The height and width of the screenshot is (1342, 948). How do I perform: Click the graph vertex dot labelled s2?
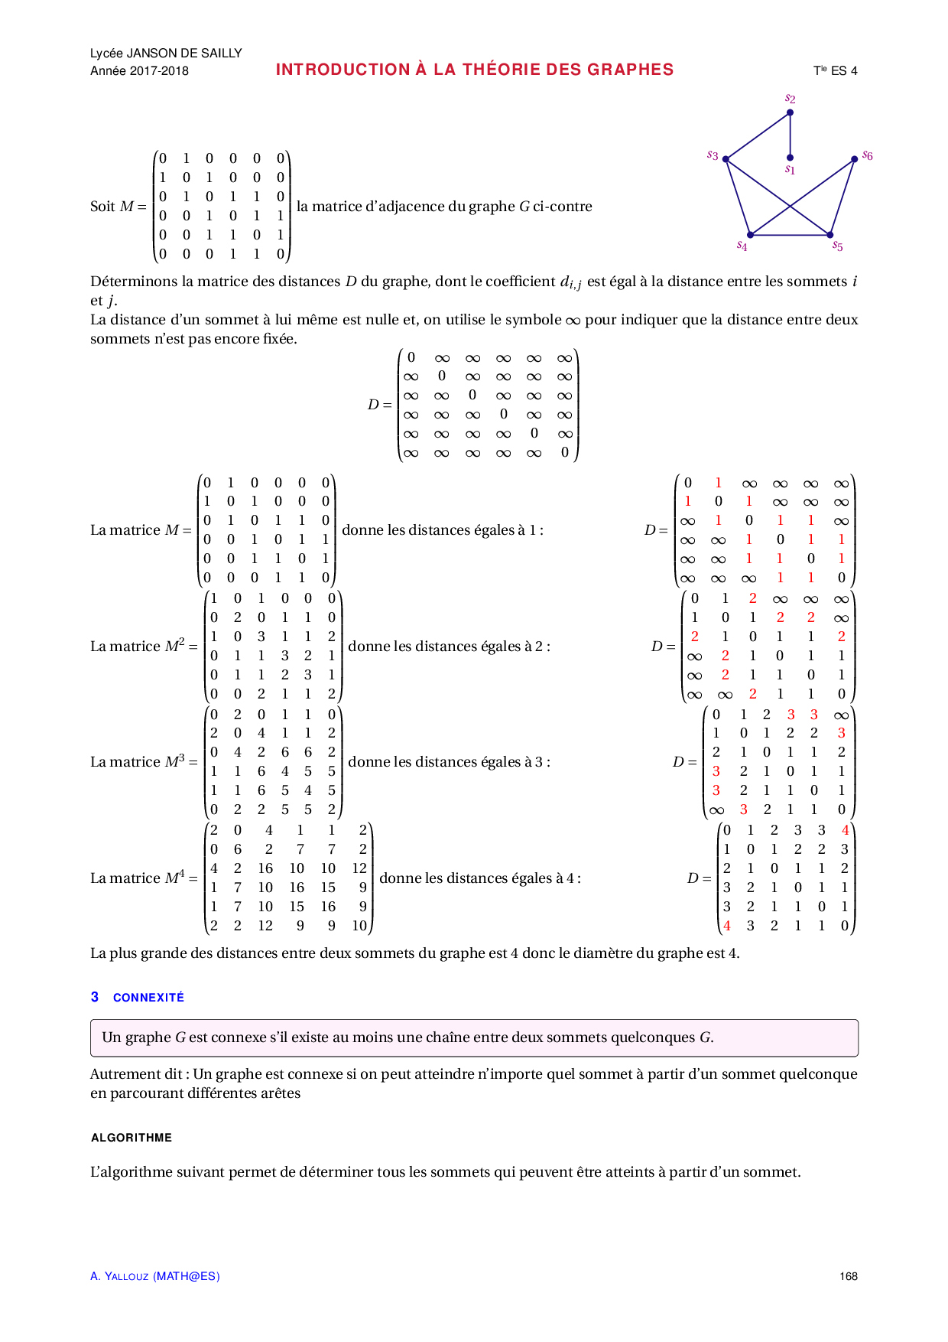pyautogui.click(x=790, y=112)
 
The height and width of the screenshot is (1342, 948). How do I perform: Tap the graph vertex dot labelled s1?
pyautogui.click(x=790, y=158)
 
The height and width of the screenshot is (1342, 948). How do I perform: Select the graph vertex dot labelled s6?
pyautogui.click(x=854, y=159)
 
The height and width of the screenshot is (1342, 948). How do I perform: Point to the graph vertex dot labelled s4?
pyautogui.click(x=751, y=235)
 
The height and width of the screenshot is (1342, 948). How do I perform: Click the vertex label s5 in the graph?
pyautogui.click(x=838, y=246)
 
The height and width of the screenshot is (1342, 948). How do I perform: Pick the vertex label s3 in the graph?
pyautogui.click(x=713, y=155)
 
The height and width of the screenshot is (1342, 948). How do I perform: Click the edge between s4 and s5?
pyautogui.click(x=790, y=235)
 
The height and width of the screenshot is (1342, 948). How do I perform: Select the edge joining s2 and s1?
pyautogui.click(x=790, y=135)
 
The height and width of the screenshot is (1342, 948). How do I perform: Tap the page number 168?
pyautogui.click(x=848, y=1276)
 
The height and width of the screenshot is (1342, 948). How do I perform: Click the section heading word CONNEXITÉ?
pyautogui.click(x=148, y=998)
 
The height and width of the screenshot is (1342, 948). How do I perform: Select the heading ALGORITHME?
pyautogui.click(x=131, y=1138)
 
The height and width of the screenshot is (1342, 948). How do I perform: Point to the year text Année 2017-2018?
pyautogui.click(x=139, y=71)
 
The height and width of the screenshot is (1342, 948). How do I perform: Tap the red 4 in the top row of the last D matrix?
pyautogui.click(x=845, y=830)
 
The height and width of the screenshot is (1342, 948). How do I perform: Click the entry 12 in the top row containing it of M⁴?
pyautogui.click(x=359, y=868)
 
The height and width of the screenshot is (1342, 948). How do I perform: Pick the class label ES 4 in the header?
pyautogui.click(x=844, y=71)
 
